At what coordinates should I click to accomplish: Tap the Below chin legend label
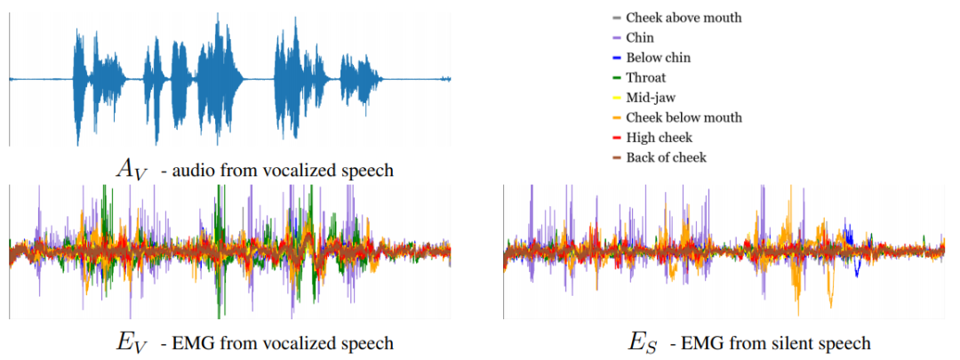click(658, 58)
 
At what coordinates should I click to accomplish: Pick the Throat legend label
click(646, 77)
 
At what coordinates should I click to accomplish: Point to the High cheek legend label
click(660, 138)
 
